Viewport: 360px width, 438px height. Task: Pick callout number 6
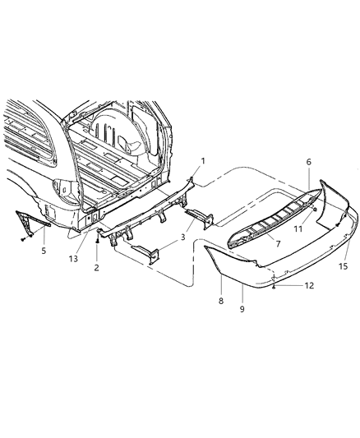coord(308,164)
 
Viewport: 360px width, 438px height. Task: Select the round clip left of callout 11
coord(314,211)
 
